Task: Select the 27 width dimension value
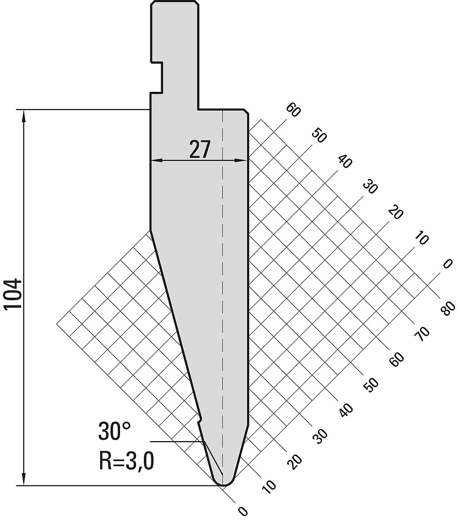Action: pos(200,149)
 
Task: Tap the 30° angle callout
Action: pos(114,432)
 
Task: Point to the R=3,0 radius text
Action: pos(127,461)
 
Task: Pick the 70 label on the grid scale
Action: pos(422,334)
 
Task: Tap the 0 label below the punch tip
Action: pos(243,511)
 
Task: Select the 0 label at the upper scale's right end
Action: pos(447,264)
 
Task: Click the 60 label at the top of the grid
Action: pos(293,110)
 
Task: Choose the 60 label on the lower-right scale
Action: pos(397,360)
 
